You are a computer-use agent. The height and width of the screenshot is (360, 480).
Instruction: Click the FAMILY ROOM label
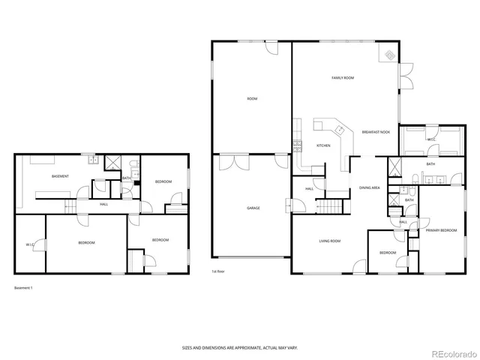click(x=343, y=78)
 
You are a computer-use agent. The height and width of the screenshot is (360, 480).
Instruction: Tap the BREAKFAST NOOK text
click(x=375, y=132)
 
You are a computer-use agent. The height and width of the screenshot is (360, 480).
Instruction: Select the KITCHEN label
click(x=323, y=145)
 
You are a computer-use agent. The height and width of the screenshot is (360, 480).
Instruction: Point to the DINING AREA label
click(x=369, y=187)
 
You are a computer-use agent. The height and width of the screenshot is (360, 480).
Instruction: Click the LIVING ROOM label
click(x=330, y=241)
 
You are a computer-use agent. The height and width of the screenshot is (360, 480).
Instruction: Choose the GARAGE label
click(x=253, y=208)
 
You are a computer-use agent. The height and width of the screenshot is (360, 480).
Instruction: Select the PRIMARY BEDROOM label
click(x=441, y=230)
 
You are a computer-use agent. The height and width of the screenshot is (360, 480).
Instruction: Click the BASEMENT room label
click(x=60, y=176)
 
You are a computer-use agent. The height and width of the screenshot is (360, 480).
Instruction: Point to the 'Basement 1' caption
click(x=24, y=287)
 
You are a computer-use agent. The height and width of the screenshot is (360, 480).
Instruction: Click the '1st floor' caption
click(x=219, y=272)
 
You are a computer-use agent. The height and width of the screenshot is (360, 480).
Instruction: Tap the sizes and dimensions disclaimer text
click(x=239, y=347)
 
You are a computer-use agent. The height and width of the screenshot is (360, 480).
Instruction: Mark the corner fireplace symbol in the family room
click(x=390, y=55)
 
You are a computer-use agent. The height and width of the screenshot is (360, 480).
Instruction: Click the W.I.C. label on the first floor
click(x=431, y=139)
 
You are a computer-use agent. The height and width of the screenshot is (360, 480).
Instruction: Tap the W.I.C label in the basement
click(x=30, y=244)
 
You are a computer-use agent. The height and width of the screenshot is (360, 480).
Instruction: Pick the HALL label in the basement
click(x=103, y=203)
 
